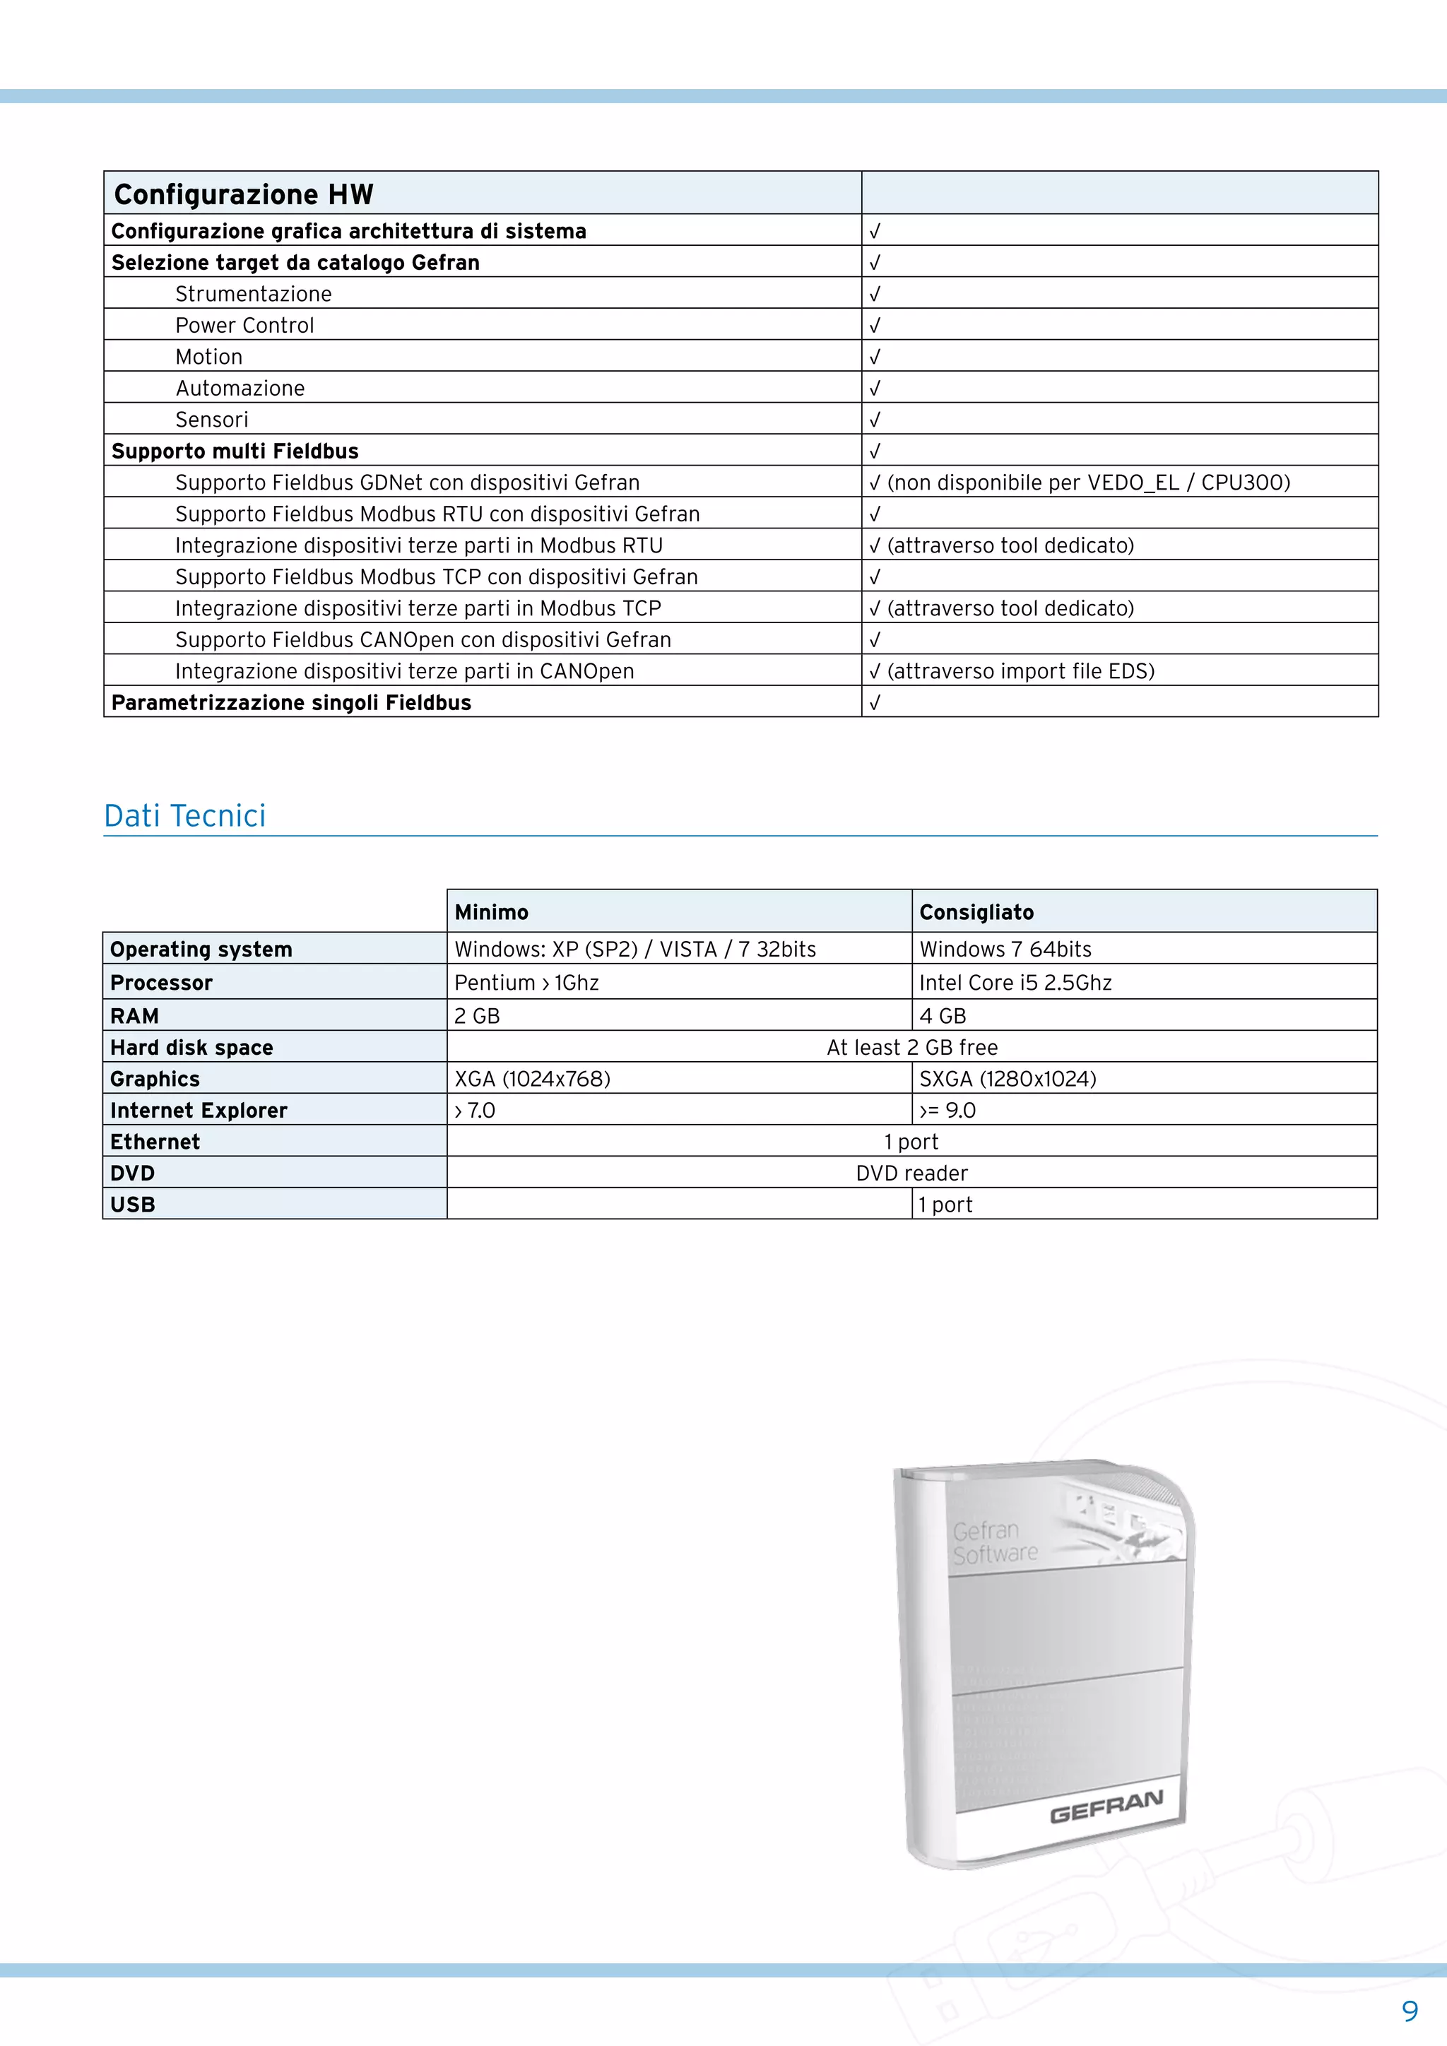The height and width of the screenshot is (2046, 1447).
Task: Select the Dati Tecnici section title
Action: coord(184,815)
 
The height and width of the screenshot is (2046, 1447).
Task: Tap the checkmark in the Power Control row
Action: coord(875,325)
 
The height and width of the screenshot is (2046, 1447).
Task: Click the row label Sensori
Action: coord(212,420)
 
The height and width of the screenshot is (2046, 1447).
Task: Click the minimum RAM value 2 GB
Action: coord(478,1016)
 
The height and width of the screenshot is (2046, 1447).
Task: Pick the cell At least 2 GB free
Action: coord(911,1047)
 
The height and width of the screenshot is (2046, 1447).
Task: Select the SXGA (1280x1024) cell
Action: coord(1008,1079)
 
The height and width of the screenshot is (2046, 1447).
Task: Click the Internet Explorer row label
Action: coord(199,1111)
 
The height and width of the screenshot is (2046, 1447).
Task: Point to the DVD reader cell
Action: coord(911,1173)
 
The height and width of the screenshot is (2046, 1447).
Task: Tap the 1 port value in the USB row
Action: coord(945,1205)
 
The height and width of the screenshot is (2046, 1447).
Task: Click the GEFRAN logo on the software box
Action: coord(1106,1807)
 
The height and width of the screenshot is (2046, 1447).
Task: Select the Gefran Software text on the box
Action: coord(994,1542)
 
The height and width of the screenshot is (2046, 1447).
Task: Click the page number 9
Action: coord(1410,2011)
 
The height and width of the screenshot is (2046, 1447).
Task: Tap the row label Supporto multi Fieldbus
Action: coord(235,451)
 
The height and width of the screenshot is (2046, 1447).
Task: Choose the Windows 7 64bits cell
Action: coord(1005,949)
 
